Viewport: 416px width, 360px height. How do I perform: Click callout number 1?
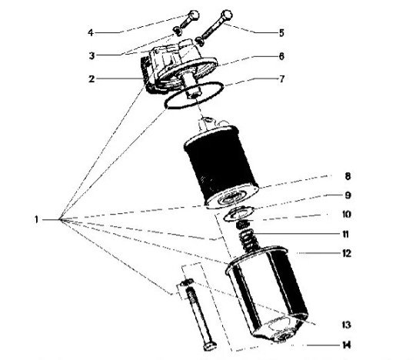coord(36,220)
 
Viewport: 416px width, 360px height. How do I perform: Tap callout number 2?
coord(92,79)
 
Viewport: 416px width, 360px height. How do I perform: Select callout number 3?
coord(92,55)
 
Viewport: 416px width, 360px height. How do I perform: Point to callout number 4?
coord(91,32)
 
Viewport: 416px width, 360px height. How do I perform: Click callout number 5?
coord(281,33)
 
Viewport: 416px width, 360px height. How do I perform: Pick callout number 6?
coord(281,56)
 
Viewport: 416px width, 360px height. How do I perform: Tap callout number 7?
coord(281,79)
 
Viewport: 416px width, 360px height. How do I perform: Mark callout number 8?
coord(348,176)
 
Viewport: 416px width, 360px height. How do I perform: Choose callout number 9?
coord(348,195)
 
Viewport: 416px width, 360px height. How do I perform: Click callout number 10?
coord(346,215)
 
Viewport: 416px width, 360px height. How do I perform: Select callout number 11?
coord(346,234)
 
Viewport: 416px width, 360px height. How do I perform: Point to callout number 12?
coord(346,253)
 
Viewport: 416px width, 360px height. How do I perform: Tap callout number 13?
coord(346,325)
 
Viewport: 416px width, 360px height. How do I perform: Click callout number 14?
coord(346,345)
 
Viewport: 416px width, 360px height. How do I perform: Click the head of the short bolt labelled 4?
coord(194,15)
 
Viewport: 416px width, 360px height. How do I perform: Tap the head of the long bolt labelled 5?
coord(227,15)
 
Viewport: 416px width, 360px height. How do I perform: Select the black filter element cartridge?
coord(221,166)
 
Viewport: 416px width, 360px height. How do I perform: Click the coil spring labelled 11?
coord(249,242)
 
